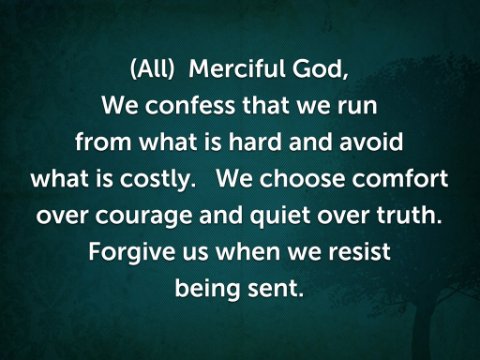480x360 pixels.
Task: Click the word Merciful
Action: point(237,69)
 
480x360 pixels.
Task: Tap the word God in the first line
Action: point(320,70)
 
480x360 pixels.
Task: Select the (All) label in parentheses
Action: point(152,70)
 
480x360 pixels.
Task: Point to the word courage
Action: point(144,217)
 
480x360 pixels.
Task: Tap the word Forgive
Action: point(132,253)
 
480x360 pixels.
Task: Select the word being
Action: point(207,289)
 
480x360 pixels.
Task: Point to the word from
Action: point(103,142)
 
